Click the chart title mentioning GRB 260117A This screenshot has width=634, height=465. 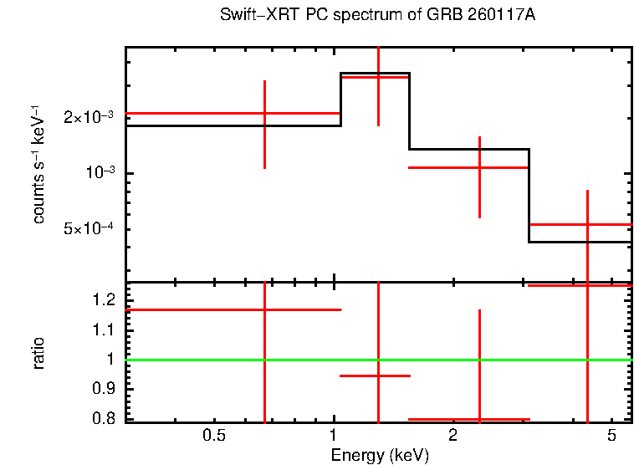pyautogui.click(x=378, y=16)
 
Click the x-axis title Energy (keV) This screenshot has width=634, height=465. pyautogui.click(x=379, y=455)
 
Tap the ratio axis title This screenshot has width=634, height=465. pyautogui.click(x=38, y=353)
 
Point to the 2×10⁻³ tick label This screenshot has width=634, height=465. pyautogui.click(x=89, y=118)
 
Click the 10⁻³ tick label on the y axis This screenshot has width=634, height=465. pyautogui.click(x=99, y=173)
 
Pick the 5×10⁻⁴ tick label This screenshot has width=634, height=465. pyautogui.click(x=89, y=229)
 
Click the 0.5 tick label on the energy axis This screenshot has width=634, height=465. pyautogui.click(x=215, y=436)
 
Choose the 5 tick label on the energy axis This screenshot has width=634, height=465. pyautogui.click(x=611, y=436)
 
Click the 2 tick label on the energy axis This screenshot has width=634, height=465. pyautogui.click(x=452, y=436)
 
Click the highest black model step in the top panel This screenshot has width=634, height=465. pyautogui.click(x=375, y=74)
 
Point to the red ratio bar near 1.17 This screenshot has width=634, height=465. pyautogui.click(x=192, y=309)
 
